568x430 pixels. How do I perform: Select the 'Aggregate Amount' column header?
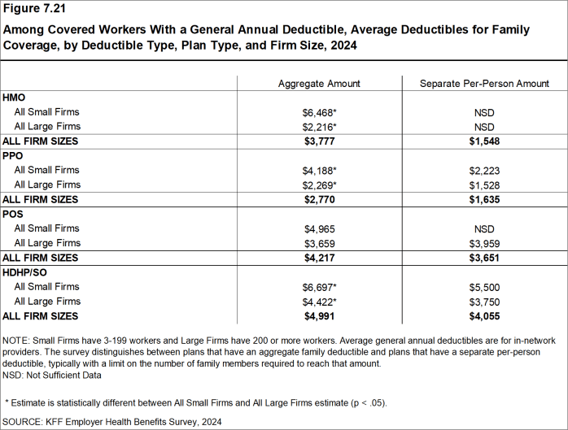(x=319, y=83)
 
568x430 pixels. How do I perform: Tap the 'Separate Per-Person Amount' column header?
(x=484, y=83)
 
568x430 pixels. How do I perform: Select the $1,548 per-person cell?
(x=484, y=141)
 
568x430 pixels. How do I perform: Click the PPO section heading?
(x=14, y=156)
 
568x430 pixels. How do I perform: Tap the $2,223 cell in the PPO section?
(x=484, y=171)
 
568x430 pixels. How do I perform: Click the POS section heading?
(x=14, y=214)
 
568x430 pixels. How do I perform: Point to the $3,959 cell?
(x=484, y=243)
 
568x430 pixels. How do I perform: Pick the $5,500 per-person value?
(x=484, y=287)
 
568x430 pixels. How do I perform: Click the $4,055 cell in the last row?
(x=484, y=316)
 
